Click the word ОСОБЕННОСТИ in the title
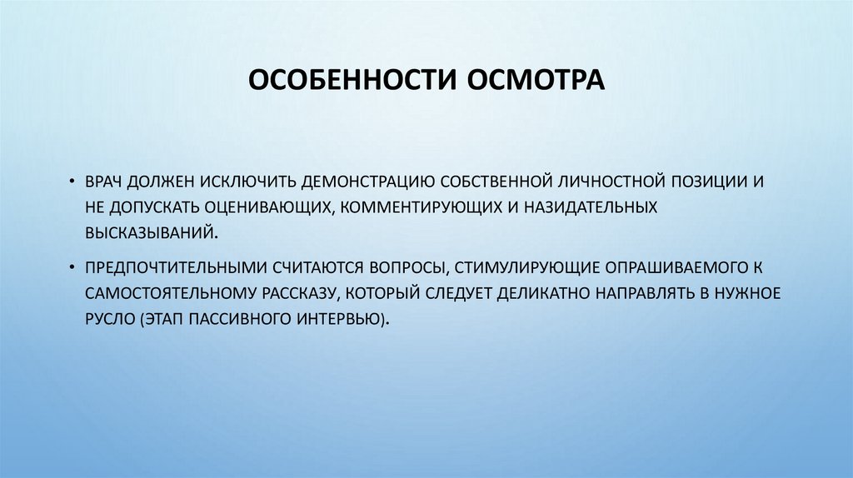pos(342,82)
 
